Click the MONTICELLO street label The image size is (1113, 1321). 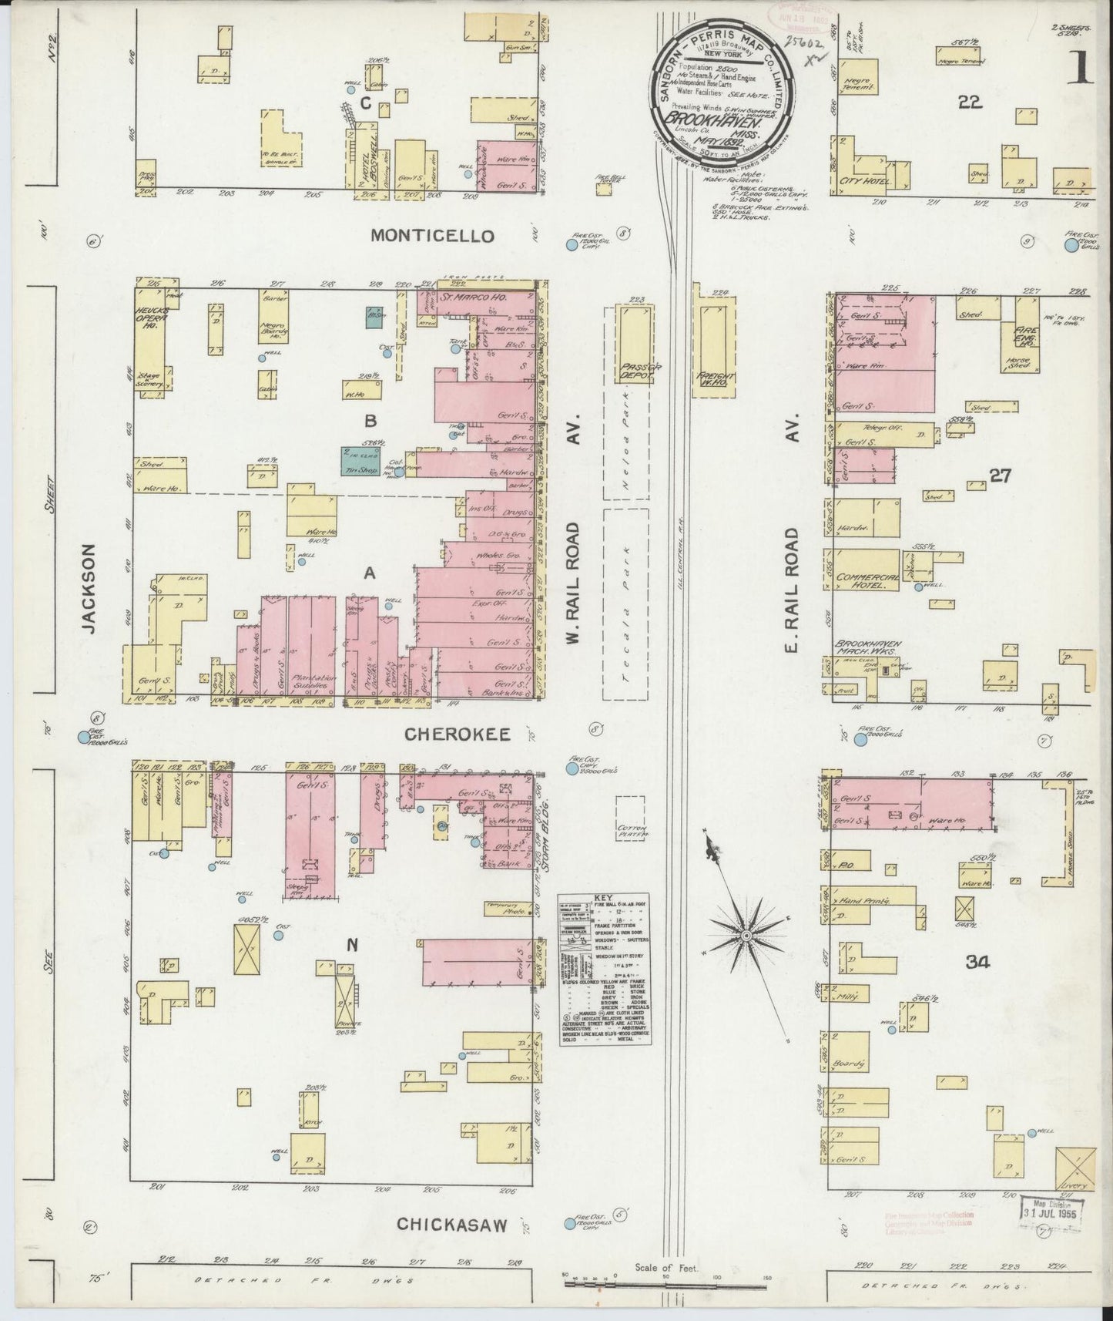(431, 236)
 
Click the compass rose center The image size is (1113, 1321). (746, 936)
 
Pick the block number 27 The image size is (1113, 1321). (1000, 476)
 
